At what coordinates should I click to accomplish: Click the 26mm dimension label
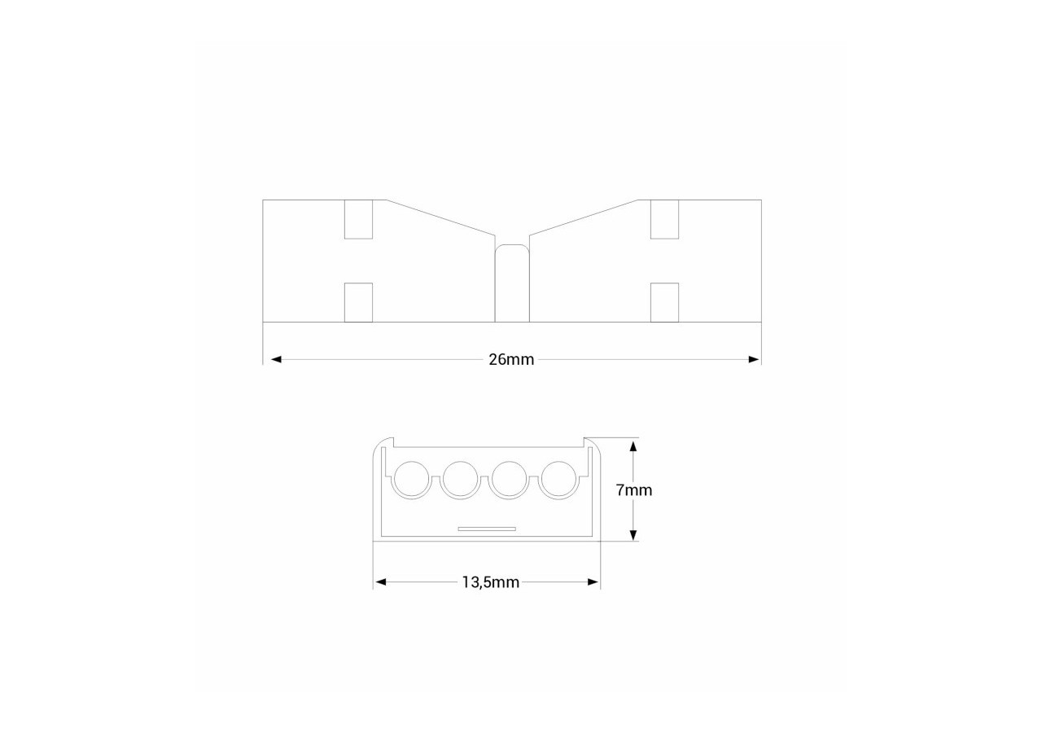point(511,359)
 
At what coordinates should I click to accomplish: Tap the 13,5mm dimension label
point(490,582)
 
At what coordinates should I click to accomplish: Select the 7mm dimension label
point(634,490)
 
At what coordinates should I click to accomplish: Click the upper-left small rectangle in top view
point(358,219)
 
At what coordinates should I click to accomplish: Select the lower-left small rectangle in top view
point(358,302)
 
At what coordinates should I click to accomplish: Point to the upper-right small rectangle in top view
point(665,219)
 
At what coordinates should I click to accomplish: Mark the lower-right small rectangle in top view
point(665,302)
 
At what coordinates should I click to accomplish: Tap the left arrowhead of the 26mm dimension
point(275,359)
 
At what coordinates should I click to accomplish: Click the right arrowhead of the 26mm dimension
point(755,359)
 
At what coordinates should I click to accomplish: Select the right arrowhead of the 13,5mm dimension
point(593,582)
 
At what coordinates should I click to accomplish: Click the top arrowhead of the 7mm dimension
point(633,445)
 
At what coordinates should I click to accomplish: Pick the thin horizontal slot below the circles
point(487,529)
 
